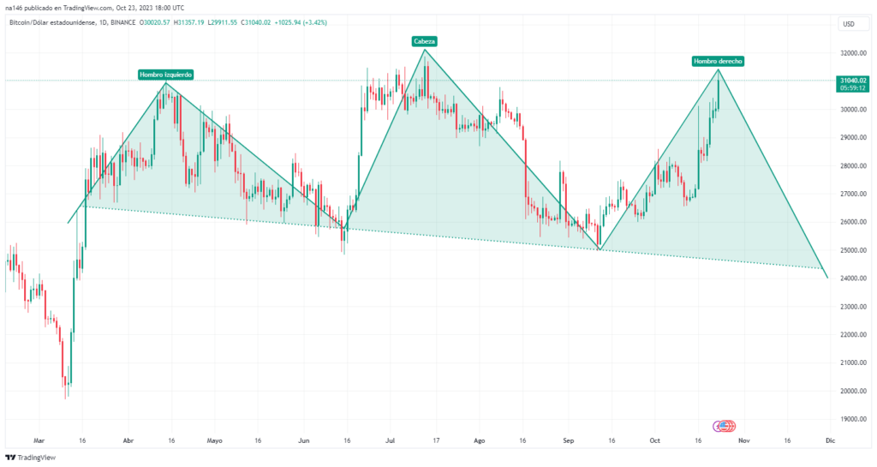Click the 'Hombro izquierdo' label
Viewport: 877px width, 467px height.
[165, 75]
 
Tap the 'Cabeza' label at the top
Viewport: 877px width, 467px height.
[423, 41]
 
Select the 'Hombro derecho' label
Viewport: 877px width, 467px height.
[718, 61]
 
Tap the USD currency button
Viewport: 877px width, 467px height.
[849, 23]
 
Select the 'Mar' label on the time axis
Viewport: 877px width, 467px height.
[38, 440]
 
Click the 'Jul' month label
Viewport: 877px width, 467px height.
[391, 440]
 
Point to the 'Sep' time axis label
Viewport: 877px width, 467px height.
[567, 440]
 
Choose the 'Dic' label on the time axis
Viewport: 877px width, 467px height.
[830, 440]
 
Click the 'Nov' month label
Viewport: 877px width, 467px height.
[743, 440]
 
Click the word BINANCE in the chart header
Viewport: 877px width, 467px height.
[123, 22]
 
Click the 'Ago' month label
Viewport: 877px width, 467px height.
[479, 440]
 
